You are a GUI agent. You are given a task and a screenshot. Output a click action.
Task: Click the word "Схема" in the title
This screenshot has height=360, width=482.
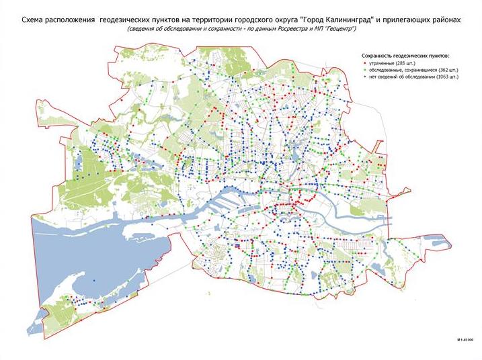pyautogui.click(x=36, y=21)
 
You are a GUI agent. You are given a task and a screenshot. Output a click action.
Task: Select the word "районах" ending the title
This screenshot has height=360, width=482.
pyautogui.click(x=444, y=21)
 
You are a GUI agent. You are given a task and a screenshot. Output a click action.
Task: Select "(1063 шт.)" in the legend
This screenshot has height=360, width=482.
pyautogui.click(x=446, y=78)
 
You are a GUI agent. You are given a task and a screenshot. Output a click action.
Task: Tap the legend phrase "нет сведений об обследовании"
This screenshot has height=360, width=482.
pyautogui.click(x=400, y=78)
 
